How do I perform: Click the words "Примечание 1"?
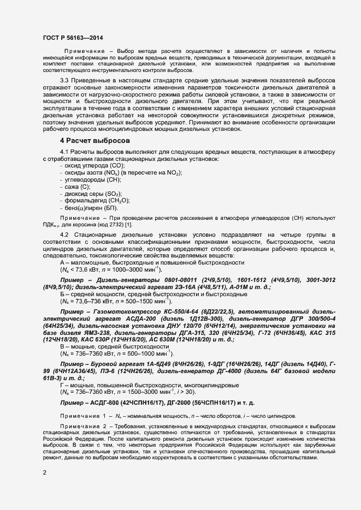click(83, 416)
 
